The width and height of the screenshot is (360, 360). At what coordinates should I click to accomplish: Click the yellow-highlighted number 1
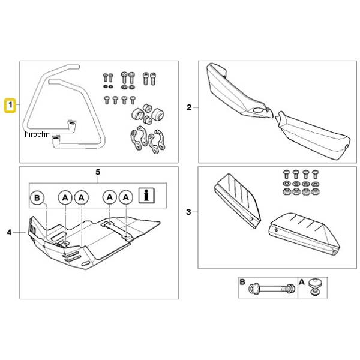pos(10,106)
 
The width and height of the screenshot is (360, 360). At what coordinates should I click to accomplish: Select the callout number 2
pos(189,107)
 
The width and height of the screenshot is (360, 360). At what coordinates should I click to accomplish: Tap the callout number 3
pos(188,212)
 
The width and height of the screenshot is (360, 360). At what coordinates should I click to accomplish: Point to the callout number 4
pos(9,232)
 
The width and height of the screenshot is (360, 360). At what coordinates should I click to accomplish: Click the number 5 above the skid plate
pos(98,172)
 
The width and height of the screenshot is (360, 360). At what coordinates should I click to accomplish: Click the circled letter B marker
pos(37,197)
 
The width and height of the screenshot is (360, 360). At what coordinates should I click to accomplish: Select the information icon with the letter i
pos(146,196)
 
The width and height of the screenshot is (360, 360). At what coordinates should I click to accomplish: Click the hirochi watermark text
pos(36,134)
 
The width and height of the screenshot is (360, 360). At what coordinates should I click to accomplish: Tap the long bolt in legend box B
pos(272,289)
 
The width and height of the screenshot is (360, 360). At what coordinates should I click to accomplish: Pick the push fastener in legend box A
pos(314,286)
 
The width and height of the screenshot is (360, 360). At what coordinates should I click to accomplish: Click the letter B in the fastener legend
pos(242,282)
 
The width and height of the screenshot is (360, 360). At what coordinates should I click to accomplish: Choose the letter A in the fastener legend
pos(302,282)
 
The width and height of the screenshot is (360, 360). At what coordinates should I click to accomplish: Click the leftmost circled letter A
pos(65,197)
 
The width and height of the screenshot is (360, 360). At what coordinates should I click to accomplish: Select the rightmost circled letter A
pos(126,197)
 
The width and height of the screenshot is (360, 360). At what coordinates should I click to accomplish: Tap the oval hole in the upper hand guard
pos(258,110)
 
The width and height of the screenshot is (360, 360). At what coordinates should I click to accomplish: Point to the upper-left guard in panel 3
pos(238,200)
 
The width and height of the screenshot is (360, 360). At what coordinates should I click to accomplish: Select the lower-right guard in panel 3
pos(304,233)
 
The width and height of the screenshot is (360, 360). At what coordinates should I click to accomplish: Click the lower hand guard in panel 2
pos(312,136)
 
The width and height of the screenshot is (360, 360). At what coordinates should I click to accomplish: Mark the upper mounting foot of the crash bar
pos(72,126)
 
